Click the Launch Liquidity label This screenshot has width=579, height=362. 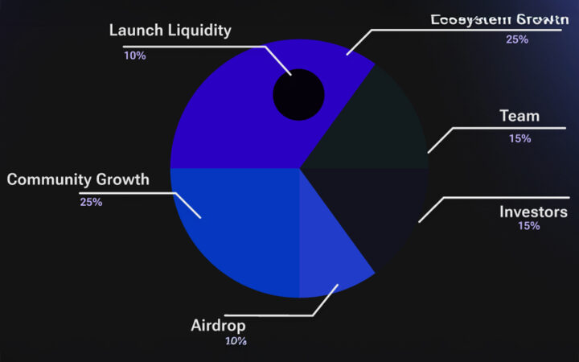(x=170, y=31)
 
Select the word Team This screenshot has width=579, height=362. (x=519, y=116)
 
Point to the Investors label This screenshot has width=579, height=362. (x=533, y=212)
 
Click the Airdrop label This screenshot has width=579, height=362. (x=218, y=326)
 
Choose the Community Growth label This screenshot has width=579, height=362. (x=78, y=179)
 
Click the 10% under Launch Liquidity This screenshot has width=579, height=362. (x=134, y=56)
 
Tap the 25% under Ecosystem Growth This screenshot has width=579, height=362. (x=516, y=39)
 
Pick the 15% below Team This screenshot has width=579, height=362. (x=519, y=138)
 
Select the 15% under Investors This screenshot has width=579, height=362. (x=529, y=226)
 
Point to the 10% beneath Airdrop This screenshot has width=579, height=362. (x=236, y=341)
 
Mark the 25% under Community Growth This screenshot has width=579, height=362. (x=91, y=202)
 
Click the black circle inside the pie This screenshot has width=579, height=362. (x=298, y=95)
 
